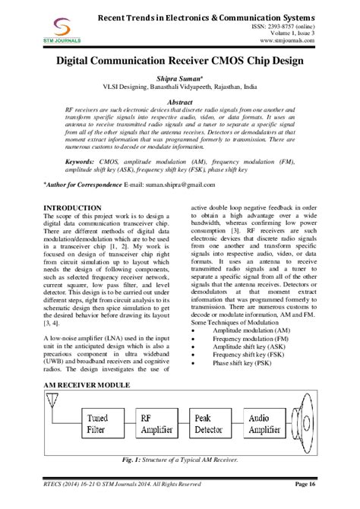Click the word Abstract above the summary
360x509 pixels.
[x=179, y=101]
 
